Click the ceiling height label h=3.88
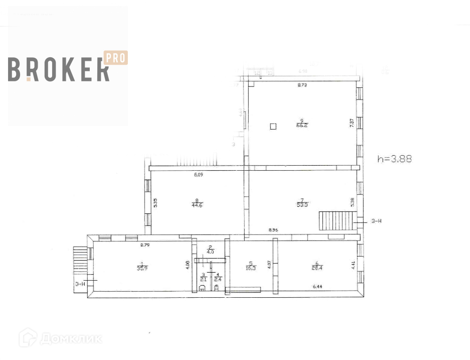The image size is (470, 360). [x=394, y=159]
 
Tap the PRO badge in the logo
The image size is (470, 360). [x=115, y=58]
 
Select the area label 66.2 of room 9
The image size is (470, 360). [x=301, y=125]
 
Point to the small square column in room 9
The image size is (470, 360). [x=273, y=127]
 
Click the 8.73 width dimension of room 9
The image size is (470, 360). [x=302, y=86]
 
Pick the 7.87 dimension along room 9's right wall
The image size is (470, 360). [x=352, y=123]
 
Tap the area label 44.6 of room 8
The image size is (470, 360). [x=197, y=204]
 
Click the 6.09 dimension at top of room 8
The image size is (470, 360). [x=199, y=175]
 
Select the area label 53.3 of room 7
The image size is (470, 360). [x=301, y=204]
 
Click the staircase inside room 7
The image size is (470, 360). [x=335, y=220]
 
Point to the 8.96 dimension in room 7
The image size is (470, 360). [x=273, y=230]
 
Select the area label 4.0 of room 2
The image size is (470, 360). [x=211, y=252]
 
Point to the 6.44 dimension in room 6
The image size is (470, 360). [x=317, y=287]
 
